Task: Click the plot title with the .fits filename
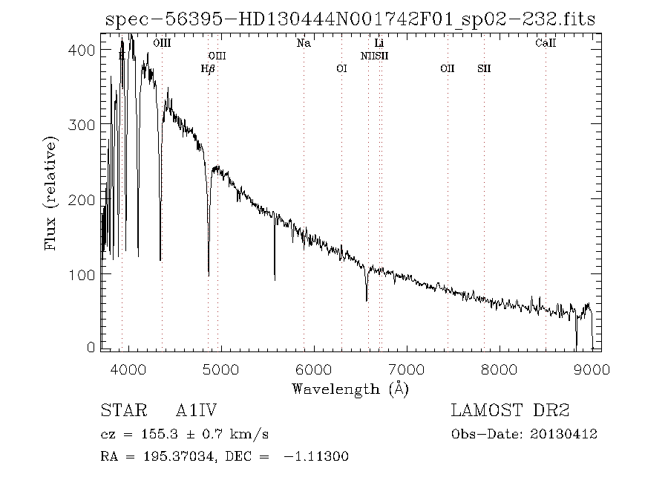tap(350, 19)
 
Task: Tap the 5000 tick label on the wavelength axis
tap(220, 369)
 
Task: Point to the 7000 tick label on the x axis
tap(406, 369)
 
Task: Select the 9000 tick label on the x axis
tap(592, 369)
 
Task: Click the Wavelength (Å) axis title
tap(350, 389)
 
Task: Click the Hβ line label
tap(208, 69)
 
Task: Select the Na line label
tap(304, 44)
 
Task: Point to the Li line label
tap(379, 44)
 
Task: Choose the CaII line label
tap(546, 44)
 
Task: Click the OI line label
tap(341, 69)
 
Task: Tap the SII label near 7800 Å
tap(484, 69)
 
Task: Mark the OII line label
tap(447, 69)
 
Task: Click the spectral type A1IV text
tap(197, 410)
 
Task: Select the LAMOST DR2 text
tap(510, 410)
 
